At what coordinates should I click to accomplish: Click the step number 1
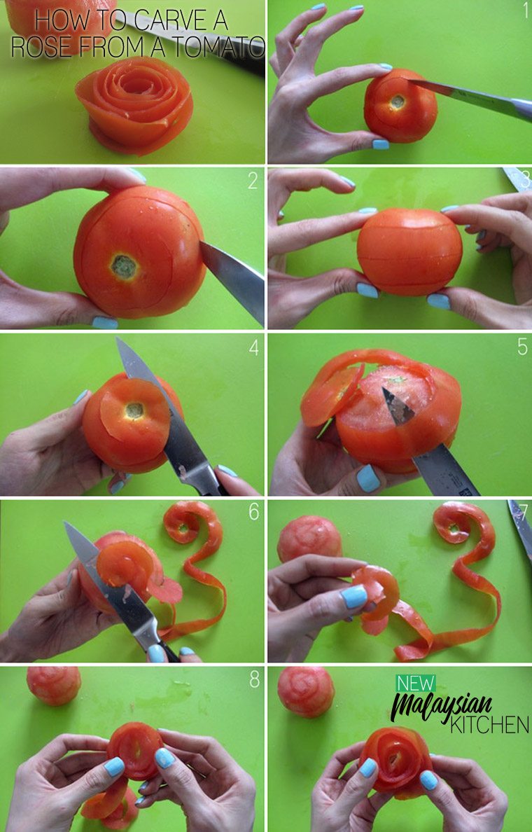[x=525, y=10]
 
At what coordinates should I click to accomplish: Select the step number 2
[x=253, y=181]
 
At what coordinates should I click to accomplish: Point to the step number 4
[x=254, y=347]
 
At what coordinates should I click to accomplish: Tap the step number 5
[x=522, y=347]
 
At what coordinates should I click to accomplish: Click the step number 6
[x=254, y=512]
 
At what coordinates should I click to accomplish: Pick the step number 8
[x=255, y=680]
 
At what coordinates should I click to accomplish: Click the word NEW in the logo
[x=416, y=683]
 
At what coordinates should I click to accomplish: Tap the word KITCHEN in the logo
[x=489, y=724]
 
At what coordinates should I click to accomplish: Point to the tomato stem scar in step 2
[x=125, y=267]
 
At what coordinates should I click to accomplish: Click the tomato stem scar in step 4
[x=134, y=410]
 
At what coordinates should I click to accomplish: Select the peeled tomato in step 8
[x=54, y=686]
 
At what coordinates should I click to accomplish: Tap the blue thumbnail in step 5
[x=368, y=478]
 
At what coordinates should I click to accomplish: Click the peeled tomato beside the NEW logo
[x=306, y=692]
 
